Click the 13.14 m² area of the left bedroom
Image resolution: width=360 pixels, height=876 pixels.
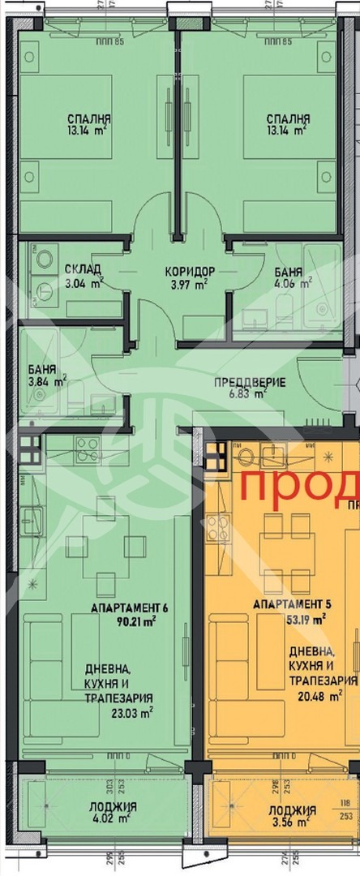point(89,129)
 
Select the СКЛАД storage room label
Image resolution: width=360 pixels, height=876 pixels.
point(83,269)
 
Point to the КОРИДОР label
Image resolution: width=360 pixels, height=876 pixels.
point(189,270)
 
